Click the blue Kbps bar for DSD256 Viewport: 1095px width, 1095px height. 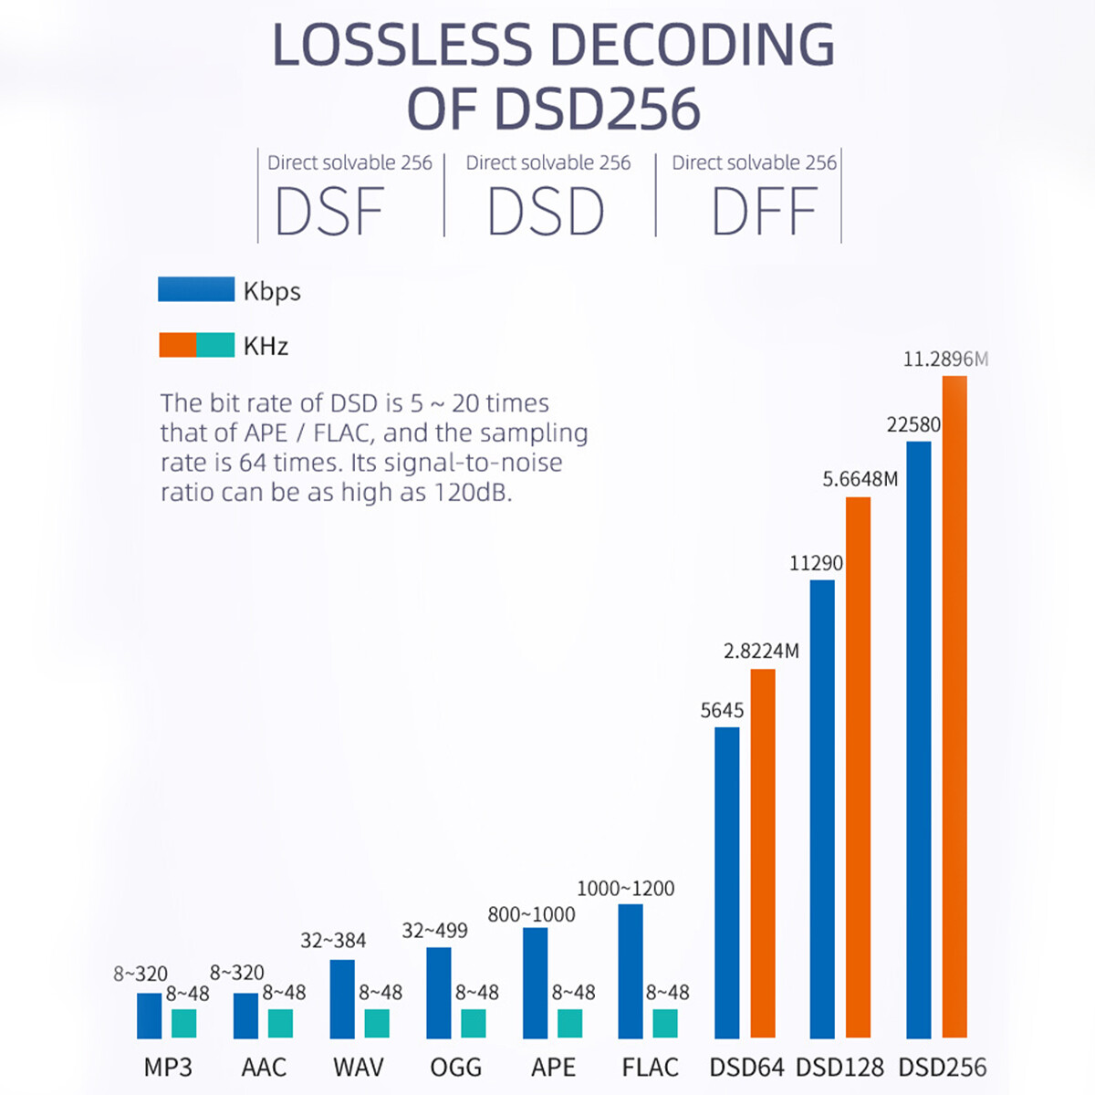(x=918, y=739)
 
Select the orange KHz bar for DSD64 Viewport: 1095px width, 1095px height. (x=763, y=853)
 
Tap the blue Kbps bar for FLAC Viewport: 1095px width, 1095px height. (x=631, y=971)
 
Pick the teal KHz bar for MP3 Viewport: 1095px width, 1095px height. (x=183, y=1023)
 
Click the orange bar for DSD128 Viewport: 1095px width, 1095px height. (x=858, y=766)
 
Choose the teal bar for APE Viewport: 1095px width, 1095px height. (x=570, y=1023)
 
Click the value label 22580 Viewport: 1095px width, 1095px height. (x=913, y=424)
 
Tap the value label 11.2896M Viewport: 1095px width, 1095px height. (x=945, y=359)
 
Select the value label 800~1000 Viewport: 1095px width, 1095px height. (x=531, y=914)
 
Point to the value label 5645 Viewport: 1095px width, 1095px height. (x=722, y=710)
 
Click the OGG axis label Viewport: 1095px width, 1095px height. (x=455, y=1067)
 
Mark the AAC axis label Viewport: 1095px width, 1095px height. (x=264, y=1067)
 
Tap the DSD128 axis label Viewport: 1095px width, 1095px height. (x=839, y=1067)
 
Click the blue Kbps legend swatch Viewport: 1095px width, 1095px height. (x=196, y=289)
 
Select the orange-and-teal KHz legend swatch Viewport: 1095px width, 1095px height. (x=196, y=345)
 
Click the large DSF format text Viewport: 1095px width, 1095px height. (x=329, y=213)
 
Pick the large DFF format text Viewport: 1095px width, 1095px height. (x=764, y=213)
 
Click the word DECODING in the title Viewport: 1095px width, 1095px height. (x=693, y=44)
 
